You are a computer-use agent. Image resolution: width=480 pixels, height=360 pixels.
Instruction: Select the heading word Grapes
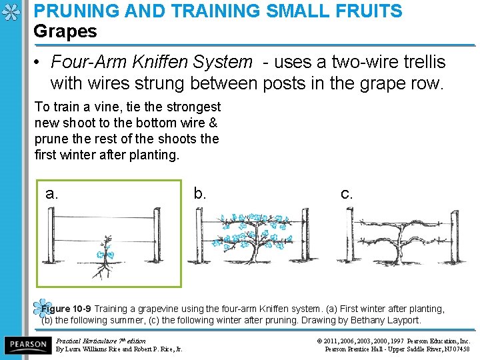point(65,31)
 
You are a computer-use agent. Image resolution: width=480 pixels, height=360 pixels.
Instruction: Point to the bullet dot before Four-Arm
point(39,63)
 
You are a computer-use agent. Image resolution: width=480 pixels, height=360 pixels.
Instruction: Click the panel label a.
point(52,194)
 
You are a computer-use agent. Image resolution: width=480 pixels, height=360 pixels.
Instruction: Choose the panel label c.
point(347,194)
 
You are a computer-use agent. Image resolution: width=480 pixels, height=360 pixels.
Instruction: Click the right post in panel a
point(157,236)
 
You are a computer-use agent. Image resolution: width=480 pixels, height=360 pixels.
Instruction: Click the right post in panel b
point(304,236)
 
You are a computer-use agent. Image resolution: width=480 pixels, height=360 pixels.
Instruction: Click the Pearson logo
point(27,345)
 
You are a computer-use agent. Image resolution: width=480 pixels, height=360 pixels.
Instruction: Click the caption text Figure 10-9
point(66,309)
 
